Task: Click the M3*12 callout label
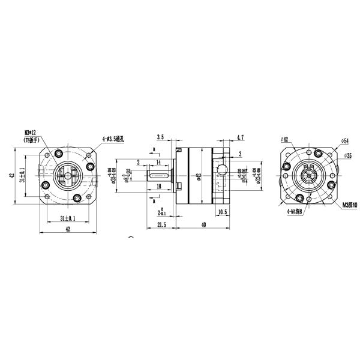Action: tap(31, 133)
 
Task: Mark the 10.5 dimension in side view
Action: tap(222, 211)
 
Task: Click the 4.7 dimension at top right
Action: tap(240, 137)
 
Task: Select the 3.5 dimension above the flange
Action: tap(160, 137)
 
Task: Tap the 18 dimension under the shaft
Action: tap(158, 187)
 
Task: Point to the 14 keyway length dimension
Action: tap(158, 163)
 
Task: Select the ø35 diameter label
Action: tap(347, 156)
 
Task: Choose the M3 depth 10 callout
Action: tap(349, 205)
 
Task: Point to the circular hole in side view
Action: tap(222, 172)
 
